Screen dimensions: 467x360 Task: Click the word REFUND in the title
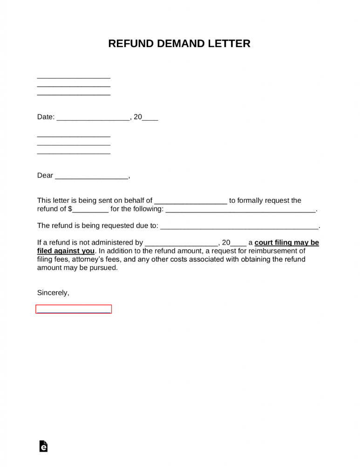tap(130, 44)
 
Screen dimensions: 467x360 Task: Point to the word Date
tap(45, 117)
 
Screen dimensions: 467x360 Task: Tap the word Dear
tap(45, 176)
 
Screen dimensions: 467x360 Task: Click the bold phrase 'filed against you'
tap(66, 251)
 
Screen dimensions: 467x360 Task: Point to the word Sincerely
tap(53, 293)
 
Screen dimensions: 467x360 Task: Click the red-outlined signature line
tap(74, 309)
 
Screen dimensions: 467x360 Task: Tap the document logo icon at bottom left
tap(43, 446)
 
